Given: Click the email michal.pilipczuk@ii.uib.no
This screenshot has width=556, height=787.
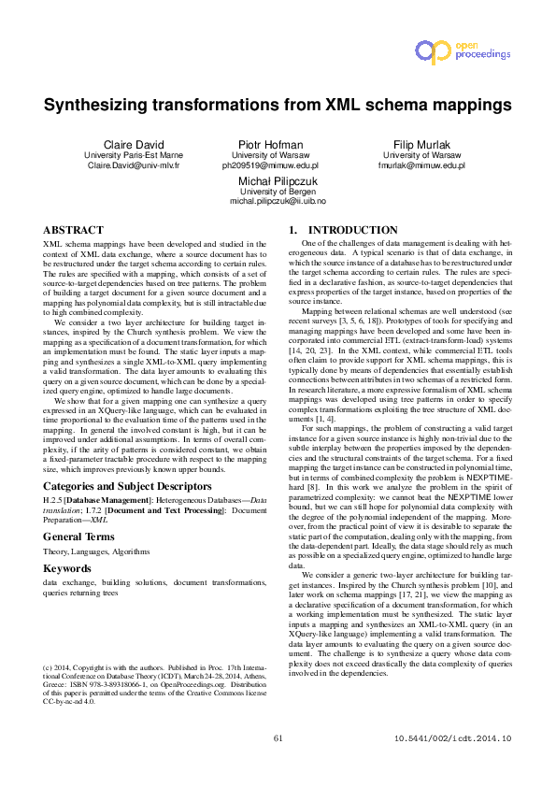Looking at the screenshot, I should [278, 200].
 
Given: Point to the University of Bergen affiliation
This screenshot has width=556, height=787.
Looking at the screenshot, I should [278, 190].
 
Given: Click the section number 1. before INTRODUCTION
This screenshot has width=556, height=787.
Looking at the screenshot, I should [292, 230].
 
